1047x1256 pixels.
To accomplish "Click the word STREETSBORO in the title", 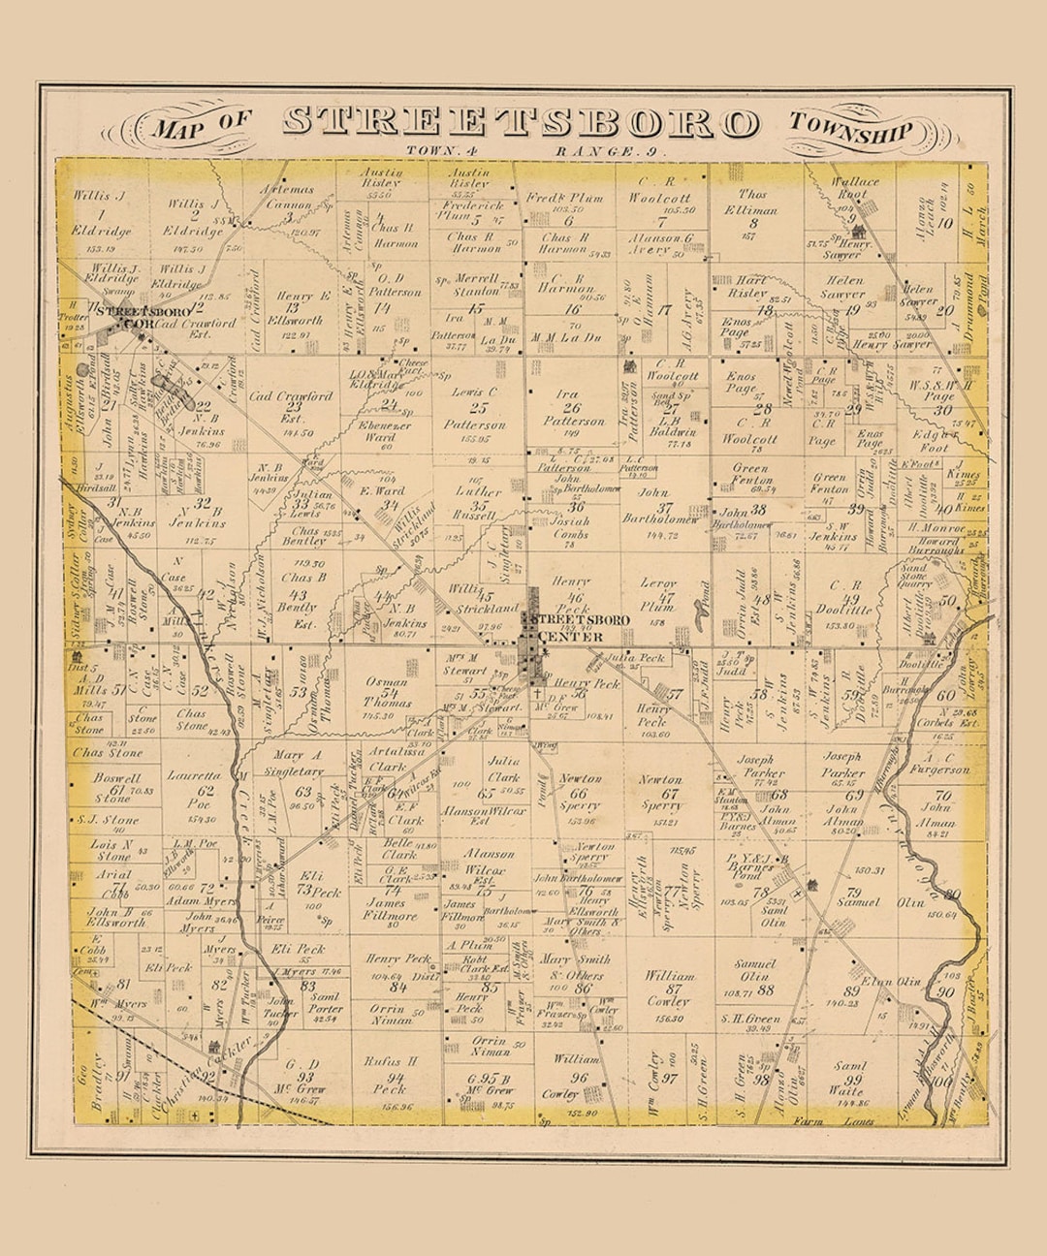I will [521, 123].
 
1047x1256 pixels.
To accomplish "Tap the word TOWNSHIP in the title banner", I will [850, 128].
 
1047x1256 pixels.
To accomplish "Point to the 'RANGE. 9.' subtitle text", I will [612, 151].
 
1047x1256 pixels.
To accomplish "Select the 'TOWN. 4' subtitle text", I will [437, 151].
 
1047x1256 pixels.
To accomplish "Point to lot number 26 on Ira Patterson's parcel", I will [570, 408].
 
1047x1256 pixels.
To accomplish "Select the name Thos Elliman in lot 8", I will [751, 202].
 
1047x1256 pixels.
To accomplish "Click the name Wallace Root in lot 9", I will [855, 188].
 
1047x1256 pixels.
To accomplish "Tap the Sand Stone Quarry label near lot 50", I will [914, 576].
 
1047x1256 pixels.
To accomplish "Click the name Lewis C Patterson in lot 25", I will [475, 407].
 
